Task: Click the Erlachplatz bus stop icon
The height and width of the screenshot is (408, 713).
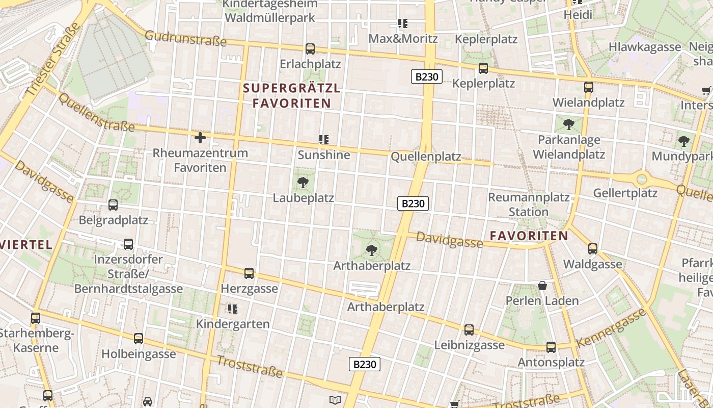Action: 310,49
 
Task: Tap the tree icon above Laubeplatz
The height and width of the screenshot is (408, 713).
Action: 303,182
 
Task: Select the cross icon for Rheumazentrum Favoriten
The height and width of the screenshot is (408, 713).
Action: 200,138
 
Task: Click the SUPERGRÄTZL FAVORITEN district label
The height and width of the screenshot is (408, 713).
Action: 292,95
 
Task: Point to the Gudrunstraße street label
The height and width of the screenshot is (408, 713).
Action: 185,38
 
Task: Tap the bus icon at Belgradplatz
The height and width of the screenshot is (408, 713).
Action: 113,205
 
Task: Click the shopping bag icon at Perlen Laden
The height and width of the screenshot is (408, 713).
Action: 542,286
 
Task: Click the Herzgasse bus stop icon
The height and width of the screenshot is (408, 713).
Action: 249,273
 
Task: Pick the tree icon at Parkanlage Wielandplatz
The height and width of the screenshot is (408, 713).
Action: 569,124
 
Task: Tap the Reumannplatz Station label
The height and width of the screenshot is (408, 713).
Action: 528,204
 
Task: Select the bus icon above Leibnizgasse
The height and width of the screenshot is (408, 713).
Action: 469,330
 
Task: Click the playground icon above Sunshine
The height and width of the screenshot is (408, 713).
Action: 324,139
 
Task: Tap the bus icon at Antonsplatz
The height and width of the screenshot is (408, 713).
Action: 551,347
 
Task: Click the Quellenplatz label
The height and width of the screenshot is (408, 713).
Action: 426,157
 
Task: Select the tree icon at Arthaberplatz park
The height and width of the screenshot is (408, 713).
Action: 372,250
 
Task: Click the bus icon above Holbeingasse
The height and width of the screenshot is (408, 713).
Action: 139,339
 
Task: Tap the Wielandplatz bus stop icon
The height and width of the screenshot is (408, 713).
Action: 589,87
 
